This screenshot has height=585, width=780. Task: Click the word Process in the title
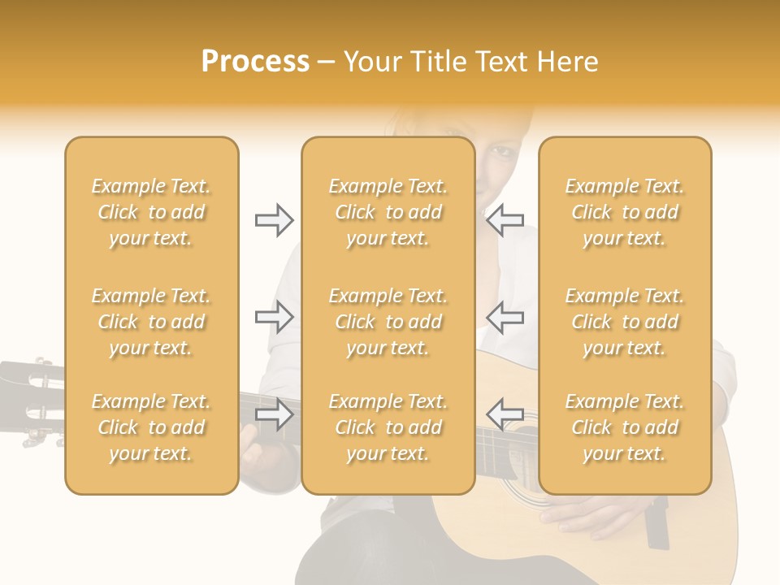[255, 62]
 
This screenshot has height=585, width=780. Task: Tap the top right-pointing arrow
[274, 220]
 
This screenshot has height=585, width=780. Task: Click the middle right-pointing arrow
[274, 317]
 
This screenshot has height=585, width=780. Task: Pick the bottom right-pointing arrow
[274, 414]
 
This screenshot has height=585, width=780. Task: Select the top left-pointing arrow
[505, 220]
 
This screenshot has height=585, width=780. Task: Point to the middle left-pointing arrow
[505, 317]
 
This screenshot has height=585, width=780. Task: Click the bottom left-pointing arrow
[505, 414]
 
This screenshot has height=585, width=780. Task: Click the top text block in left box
[151, 212]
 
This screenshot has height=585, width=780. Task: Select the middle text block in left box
[151, 322]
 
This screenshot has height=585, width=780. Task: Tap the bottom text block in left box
[151, 427]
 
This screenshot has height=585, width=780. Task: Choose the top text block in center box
[388, 212]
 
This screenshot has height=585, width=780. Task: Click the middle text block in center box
[388, 322]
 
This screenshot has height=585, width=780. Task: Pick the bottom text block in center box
[388, 427]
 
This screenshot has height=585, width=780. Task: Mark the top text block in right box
[625, 212]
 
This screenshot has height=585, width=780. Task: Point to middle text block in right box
[625, 322]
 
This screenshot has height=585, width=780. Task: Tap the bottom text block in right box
[625, 427]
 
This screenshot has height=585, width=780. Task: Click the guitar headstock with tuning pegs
[32, 398]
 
